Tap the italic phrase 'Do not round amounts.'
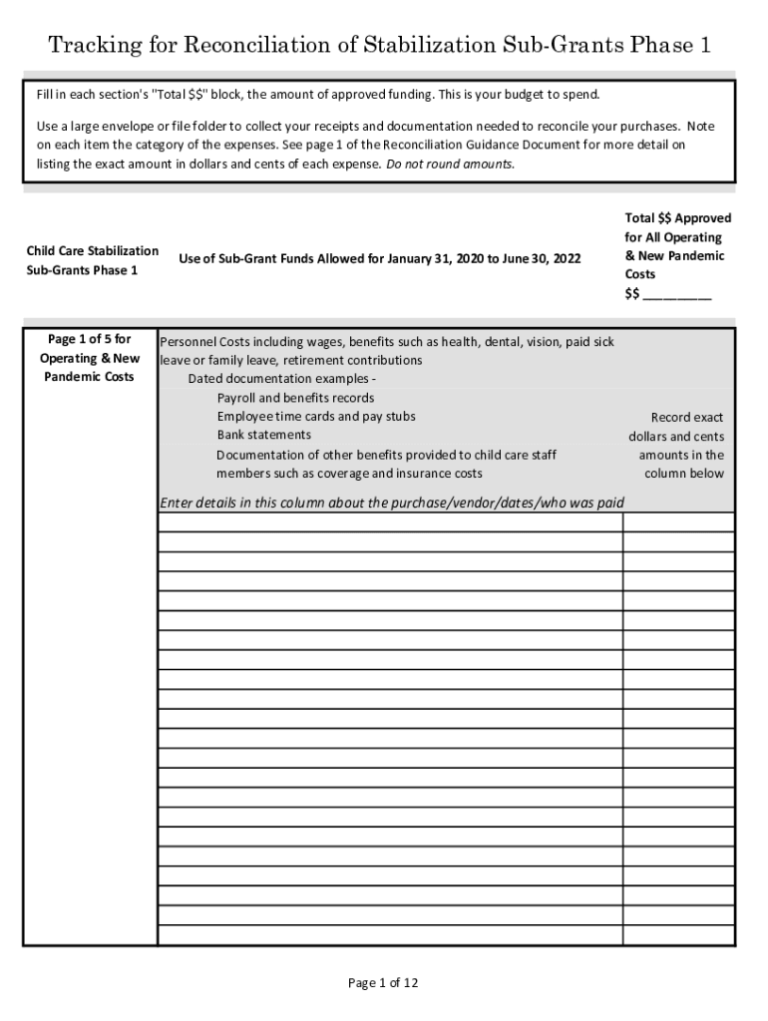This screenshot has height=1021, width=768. (x=451, y=164)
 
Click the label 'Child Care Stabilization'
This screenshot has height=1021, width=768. (x=92, y=250)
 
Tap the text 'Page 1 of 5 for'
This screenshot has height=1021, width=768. (x=90, y=340)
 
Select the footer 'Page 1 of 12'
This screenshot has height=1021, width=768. (x=383, y=983)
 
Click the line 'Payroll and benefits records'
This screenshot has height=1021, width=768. (x=295, y=398)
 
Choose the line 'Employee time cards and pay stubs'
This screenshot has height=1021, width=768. (x=316, y=416)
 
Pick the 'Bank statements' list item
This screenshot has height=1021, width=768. (x=263, y=435)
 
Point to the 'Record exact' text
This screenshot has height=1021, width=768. (x=687, y=418)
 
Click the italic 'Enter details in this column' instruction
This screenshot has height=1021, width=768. (x=260, y=503)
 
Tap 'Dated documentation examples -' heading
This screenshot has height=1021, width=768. (x=281, y=379)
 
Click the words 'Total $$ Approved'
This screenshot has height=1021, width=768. (x=677, y=218)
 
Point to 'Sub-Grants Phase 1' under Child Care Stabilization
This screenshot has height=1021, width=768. (x=82, y=269)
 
